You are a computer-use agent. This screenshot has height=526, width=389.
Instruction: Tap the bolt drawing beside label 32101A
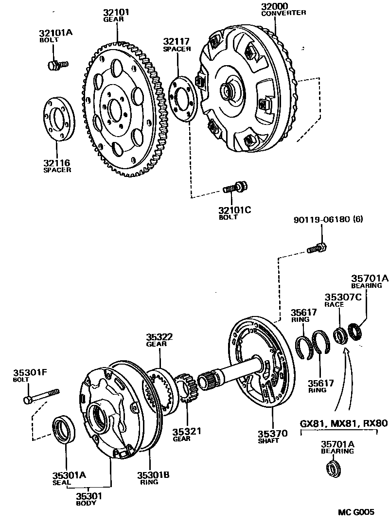point(57,64)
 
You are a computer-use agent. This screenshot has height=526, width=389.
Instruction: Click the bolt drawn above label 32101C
point(234,187)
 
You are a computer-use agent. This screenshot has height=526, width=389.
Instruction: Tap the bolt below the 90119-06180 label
point(317,248)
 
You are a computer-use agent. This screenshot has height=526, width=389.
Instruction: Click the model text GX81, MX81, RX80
point(343,423)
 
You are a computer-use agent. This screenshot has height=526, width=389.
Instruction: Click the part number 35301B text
point(153,475)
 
